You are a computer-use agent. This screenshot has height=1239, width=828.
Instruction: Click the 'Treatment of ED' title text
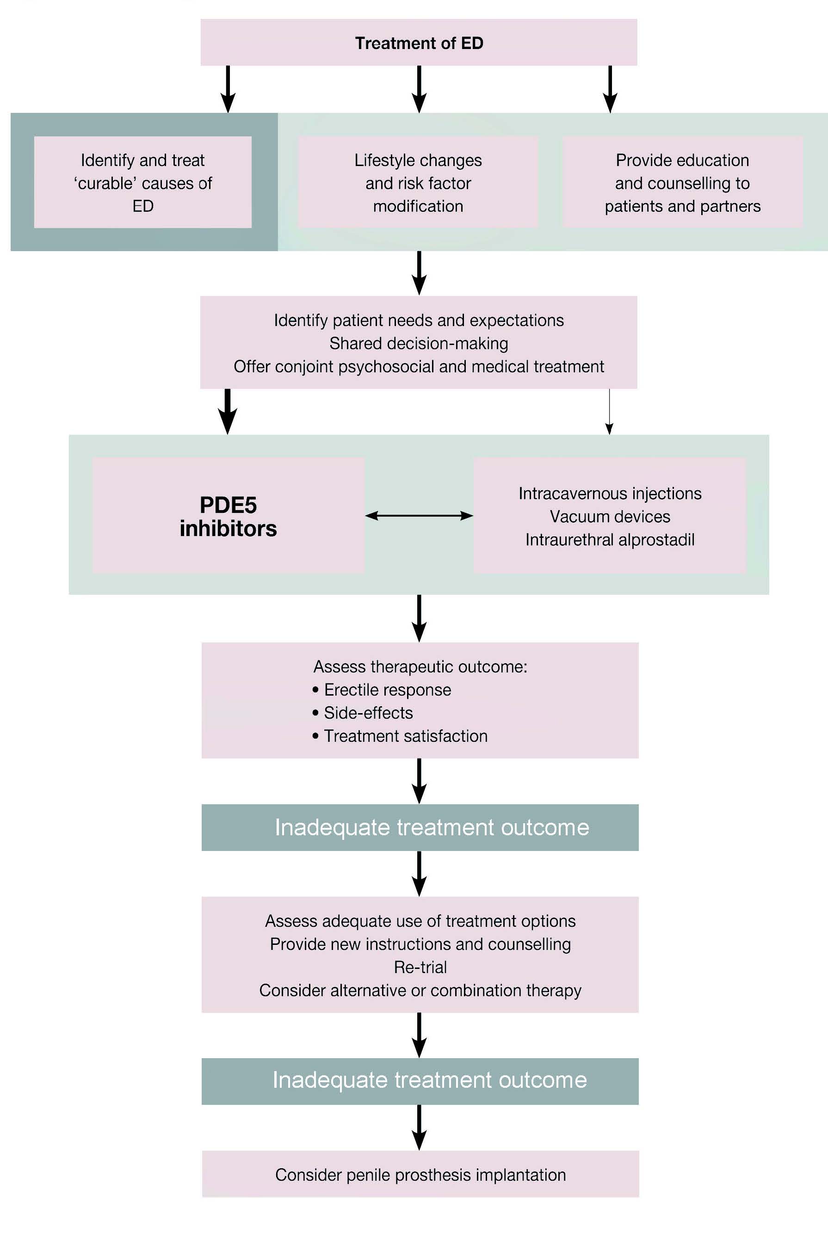(419, 43)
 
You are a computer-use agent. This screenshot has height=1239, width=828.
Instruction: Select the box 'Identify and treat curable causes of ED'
(142, 182)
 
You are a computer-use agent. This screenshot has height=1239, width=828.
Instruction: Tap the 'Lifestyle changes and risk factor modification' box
(418, 182)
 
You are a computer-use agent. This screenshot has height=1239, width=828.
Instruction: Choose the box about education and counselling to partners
(683, 182)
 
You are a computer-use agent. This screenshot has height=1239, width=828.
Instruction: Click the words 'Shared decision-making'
(419, 343)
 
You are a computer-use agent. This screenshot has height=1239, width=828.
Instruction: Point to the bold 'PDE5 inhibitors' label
(228, 516)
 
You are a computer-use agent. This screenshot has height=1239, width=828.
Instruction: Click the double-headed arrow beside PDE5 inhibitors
(419, 516)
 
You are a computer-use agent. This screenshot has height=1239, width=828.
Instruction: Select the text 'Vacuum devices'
(610, 516)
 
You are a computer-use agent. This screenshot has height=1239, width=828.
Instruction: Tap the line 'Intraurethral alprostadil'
(610, 540)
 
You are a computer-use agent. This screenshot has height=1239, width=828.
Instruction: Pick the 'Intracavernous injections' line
(610, 493)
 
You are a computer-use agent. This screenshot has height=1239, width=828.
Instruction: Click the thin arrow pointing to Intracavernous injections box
(609, 412)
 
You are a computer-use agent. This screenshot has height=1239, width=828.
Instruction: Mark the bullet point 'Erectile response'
(382, 690)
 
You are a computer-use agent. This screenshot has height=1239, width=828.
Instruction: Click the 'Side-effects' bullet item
(363, 713)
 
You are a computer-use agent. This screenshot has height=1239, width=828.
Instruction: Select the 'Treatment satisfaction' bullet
(400, 736)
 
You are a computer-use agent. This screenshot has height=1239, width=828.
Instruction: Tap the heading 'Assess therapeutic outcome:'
(420, 666)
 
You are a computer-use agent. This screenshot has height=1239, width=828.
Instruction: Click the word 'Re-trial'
(420, 967)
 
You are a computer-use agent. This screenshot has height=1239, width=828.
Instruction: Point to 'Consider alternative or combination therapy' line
(420, 990)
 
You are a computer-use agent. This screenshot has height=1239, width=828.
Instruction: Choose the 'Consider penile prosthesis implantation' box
(420, 1174)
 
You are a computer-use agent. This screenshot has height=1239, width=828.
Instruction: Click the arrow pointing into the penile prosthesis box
(419, 1128)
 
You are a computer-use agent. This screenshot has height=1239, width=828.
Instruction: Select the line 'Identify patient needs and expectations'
(419, 320)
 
